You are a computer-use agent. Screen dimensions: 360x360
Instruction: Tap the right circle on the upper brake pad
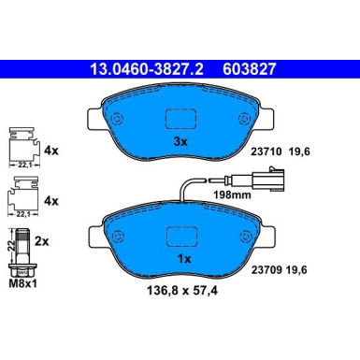(x=244, y=119)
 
